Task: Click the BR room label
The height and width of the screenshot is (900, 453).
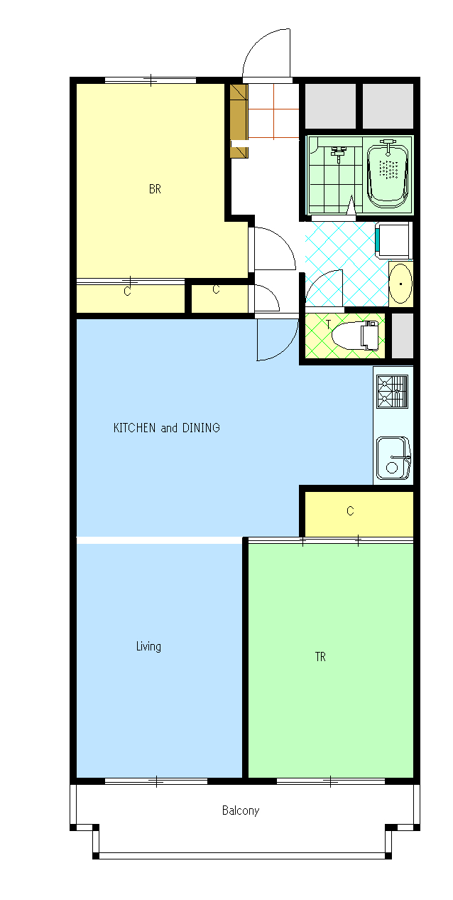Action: (155, 189)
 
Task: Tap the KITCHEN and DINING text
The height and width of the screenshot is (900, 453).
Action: (167, 427)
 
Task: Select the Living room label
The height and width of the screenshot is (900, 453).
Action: (148, 646)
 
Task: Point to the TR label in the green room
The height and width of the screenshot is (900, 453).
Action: (320, 657)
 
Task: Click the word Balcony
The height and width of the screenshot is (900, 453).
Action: (241, 810)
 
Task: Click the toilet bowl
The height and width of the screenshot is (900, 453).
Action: (355, 335)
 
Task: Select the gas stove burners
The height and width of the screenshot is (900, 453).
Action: (393, 391)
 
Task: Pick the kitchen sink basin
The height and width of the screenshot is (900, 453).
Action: (393, 459)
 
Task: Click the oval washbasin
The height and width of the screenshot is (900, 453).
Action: (400, 283)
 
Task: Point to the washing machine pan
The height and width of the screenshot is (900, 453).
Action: (393, 240)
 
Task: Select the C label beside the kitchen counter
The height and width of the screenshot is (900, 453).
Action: (350, 511)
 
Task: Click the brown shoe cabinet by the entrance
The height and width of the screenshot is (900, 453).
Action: (239, 121)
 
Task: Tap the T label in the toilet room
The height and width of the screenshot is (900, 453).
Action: (328, 324)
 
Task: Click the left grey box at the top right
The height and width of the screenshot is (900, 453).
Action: (330, 106)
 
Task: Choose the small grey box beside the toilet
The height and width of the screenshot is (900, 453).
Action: (402, 336)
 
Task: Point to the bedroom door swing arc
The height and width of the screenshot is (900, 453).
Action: (282, 242)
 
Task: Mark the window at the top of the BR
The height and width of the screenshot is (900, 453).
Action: (151, 80)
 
